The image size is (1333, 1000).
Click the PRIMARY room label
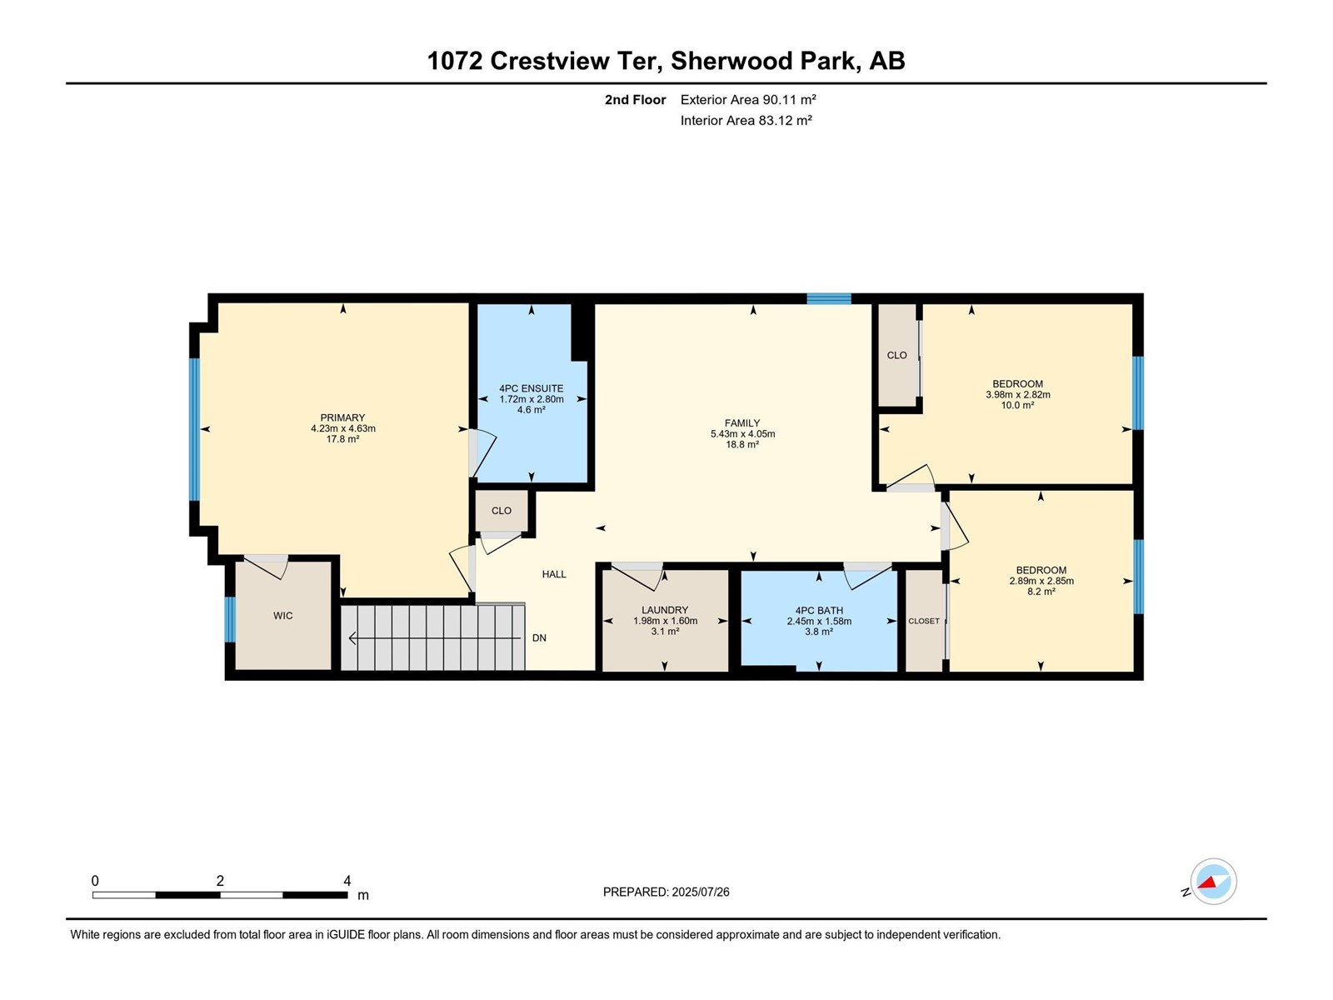coord(342,417)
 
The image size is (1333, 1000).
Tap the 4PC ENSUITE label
coord(531,388)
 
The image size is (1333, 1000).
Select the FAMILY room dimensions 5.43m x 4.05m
coord(742,434)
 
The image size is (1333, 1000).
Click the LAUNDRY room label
coord(664,610)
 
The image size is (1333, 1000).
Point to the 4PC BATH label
coord(819,611)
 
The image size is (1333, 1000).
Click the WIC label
coord(283,616)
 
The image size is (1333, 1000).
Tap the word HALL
coord(554,574)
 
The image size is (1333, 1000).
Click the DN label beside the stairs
coord(539,638)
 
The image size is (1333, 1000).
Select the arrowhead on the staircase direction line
coord(352,638)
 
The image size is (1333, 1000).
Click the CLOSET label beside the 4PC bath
coord(923,621)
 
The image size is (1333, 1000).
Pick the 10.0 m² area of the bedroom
coord(1017,405)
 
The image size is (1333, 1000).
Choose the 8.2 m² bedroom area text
coord(1041,592)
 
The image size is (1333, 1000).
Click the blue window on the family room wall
coord(828,298)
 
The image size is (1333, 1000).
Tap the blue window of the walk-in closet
coord(230,620)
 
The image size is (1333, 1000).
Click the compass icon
coord(1213,881)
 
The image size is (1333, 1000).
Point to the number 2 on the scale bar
coord(220,881)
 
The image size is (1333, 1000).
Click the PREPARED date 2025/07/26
coord(700,892)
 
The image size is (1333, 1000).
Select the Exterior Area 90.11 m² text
coord(748,99)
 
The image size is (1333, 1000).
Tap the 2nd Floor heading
coord(635,99)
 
